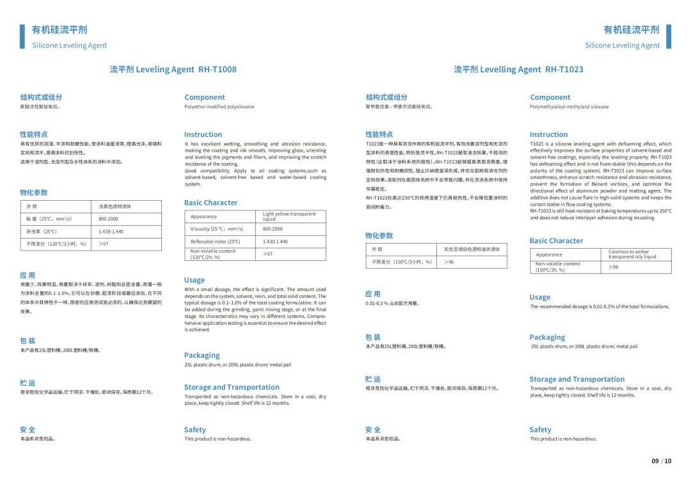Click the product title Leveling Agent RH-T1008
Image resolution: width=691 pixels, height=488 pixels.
point(173,69)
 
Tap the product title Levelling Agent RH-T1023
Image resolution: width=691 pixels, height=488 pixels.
point(518,69)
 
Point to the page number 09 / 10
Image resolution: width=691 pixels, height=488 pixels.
point(662,461)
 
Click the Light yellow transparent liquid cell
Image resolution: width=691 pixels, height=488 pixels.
point(289,216)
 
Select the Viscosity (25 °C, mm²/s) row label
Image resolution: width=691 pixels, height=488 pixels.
point(217,229)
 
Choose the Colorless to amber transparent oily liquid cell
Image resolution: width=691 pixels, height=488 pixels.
point(632,255)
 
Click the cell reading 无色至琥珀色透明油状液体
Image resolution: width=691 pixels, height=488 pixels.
point(472,249)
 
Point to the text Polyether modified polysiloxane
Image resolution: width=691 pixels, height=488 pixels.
point(219,107)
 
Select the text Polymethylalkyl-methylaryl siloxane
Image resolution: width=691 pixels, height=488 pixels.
point(569,107)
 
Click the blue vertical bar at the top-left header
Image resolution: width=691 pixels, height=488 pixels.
point(22,36)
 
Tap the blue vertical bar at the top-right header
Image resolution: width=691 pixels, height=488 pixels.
point(669,36)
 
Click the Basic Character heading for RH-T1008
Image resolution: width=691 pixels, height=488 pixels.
point(210,203)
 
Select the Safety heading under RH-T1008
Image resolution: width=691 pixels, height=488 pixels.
point(195,430)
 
